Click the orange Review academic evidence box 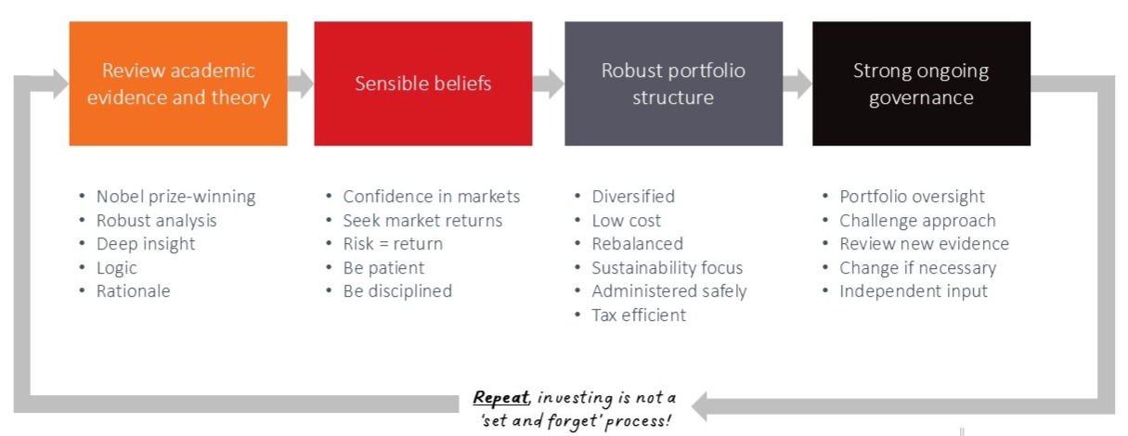coord(177,83)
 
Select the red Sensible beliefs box coord(422,83)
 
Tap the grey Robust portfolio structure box coord(673,83)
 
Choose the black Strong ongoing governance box coord(921,83)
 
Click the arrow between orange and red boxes coord(300,83)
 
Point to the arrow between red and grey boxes coord(549,83)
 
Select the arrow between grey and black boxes coord(797,83)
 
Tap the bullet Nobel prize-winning coord(175,197)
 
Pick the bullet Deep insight coord(145,244)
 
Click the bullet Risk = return coord(392,244)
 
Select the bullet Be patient coord(382,268)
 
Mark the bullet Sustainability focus coord(667,268)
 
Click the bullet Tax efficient coord(639,315)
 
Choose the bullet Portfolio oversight coord(912,197)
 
